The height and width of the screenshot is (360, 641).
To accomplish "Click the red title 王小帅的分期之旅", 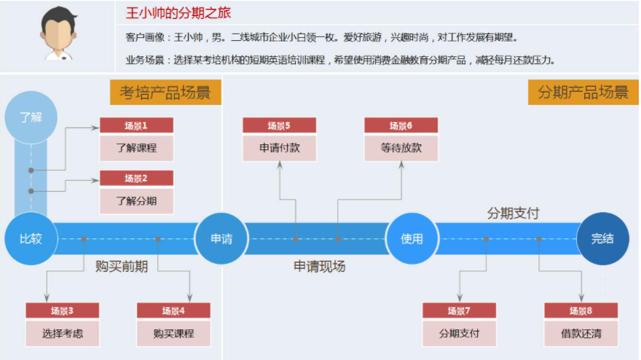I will (x=178, y=13).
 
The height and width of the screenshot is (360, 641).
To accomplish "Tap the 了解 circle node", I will (x=31, y=117).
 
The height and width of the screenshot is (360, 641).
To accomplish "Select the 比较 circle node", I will (x=31, y=239).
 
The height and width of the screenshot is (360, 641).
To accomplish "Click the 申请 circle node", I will (x=221, y=239).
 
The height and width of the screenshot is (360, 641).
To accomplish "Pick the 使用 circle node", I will (x=412, y=239).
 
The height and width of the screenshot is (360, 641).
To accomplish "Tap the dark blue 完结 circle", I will (x=602, y=239).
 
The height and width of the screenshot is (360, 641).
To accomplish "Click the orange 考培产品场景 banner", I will (x=165, y=93).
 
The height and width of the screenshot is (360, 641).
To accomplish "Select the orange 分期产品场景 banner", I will (x=583, y=93).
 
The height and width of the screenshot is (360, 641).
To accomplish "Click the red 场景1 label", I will (x=136, y=125).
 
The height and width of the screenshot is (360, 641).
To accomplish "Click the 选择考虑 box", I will (x=62, y=333).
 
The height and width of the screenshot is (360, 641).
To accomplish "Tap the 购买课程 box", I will (x=173, y=333).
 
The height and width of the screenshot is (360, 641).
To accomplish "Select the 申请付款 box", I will (x=279, y=147).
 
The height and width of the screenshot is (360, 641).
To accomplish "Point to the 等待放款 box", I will (x=401, y=147).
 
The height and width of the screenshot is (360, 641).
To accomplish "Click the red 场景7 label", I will (x=459, y=310).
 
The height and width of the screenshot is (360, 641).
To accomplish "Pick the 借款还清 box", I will (x=581, y=333).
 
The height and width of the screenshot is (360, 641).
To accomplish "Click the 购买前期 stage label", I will (x=122, y=267).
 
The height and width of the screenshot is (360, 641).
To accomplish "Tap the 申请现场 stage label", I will (x=319, y=267).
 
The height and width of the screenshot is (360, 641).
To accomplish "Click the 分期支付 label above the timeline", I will (x=513, y=214).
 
